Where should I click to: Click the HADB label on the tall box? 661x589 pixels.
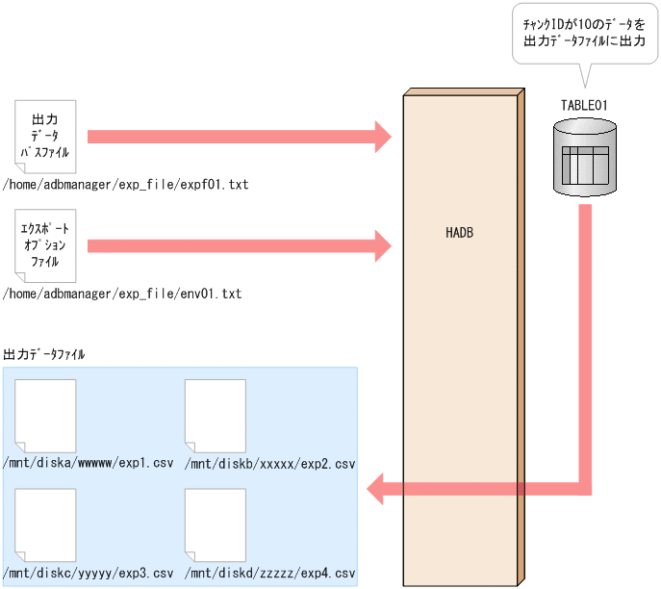click(x=460, y=233)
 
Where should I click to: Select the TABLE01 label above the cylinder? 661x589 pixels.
click(x=583, y=105)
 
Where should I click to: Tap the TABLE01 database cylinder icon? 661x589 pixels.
click(x=585, y=156)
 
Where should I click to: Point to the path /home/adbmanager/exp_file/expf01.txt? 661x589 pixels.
click(x=126, y=184)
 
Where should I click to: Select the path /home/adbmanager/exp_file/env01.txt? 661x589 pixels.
click(x=122, y=293)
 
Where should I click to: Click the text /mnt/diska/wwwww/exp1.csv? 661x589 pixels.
click(x=89, y=463)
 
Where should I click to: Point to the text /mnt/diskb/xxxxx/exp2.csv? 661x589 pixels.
click(x=271, y=465)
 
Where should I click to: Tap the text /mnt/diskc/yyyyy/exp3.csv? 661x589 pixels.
click(x=89, y=573)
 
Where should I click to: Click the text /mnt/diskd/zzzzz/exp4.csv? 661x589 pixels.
click(x=271, y=573)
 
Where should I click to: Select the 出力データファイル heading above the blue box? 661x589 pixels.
click(x=45, y=354)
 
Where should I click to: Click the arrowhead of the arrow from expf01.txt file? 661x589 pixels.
click(x=382, y=136)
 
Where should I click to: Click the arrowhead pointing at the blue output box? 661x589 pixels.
click(x=377, y=489)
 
